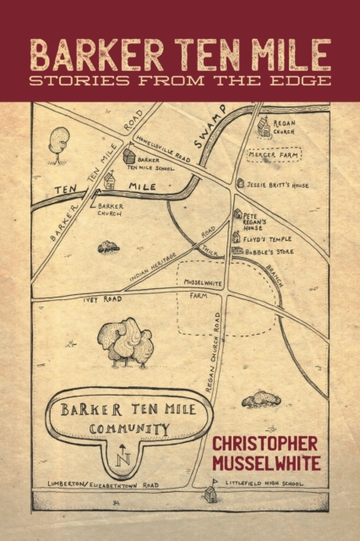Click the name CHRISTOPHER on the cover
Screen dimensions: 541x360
click(x=264, y=443)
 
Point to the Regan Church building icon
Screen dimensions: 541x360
click(x=265, y=128)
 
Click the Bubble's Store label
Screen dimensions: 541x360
click(x=267, y=250)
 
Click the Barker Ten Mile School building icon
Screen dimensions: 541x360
click(x=129, y=156)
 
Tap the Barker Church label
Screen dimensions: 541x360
click(x=111, y=209)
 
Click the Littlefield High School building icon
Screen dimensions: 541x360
click(x=210, y=494)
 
